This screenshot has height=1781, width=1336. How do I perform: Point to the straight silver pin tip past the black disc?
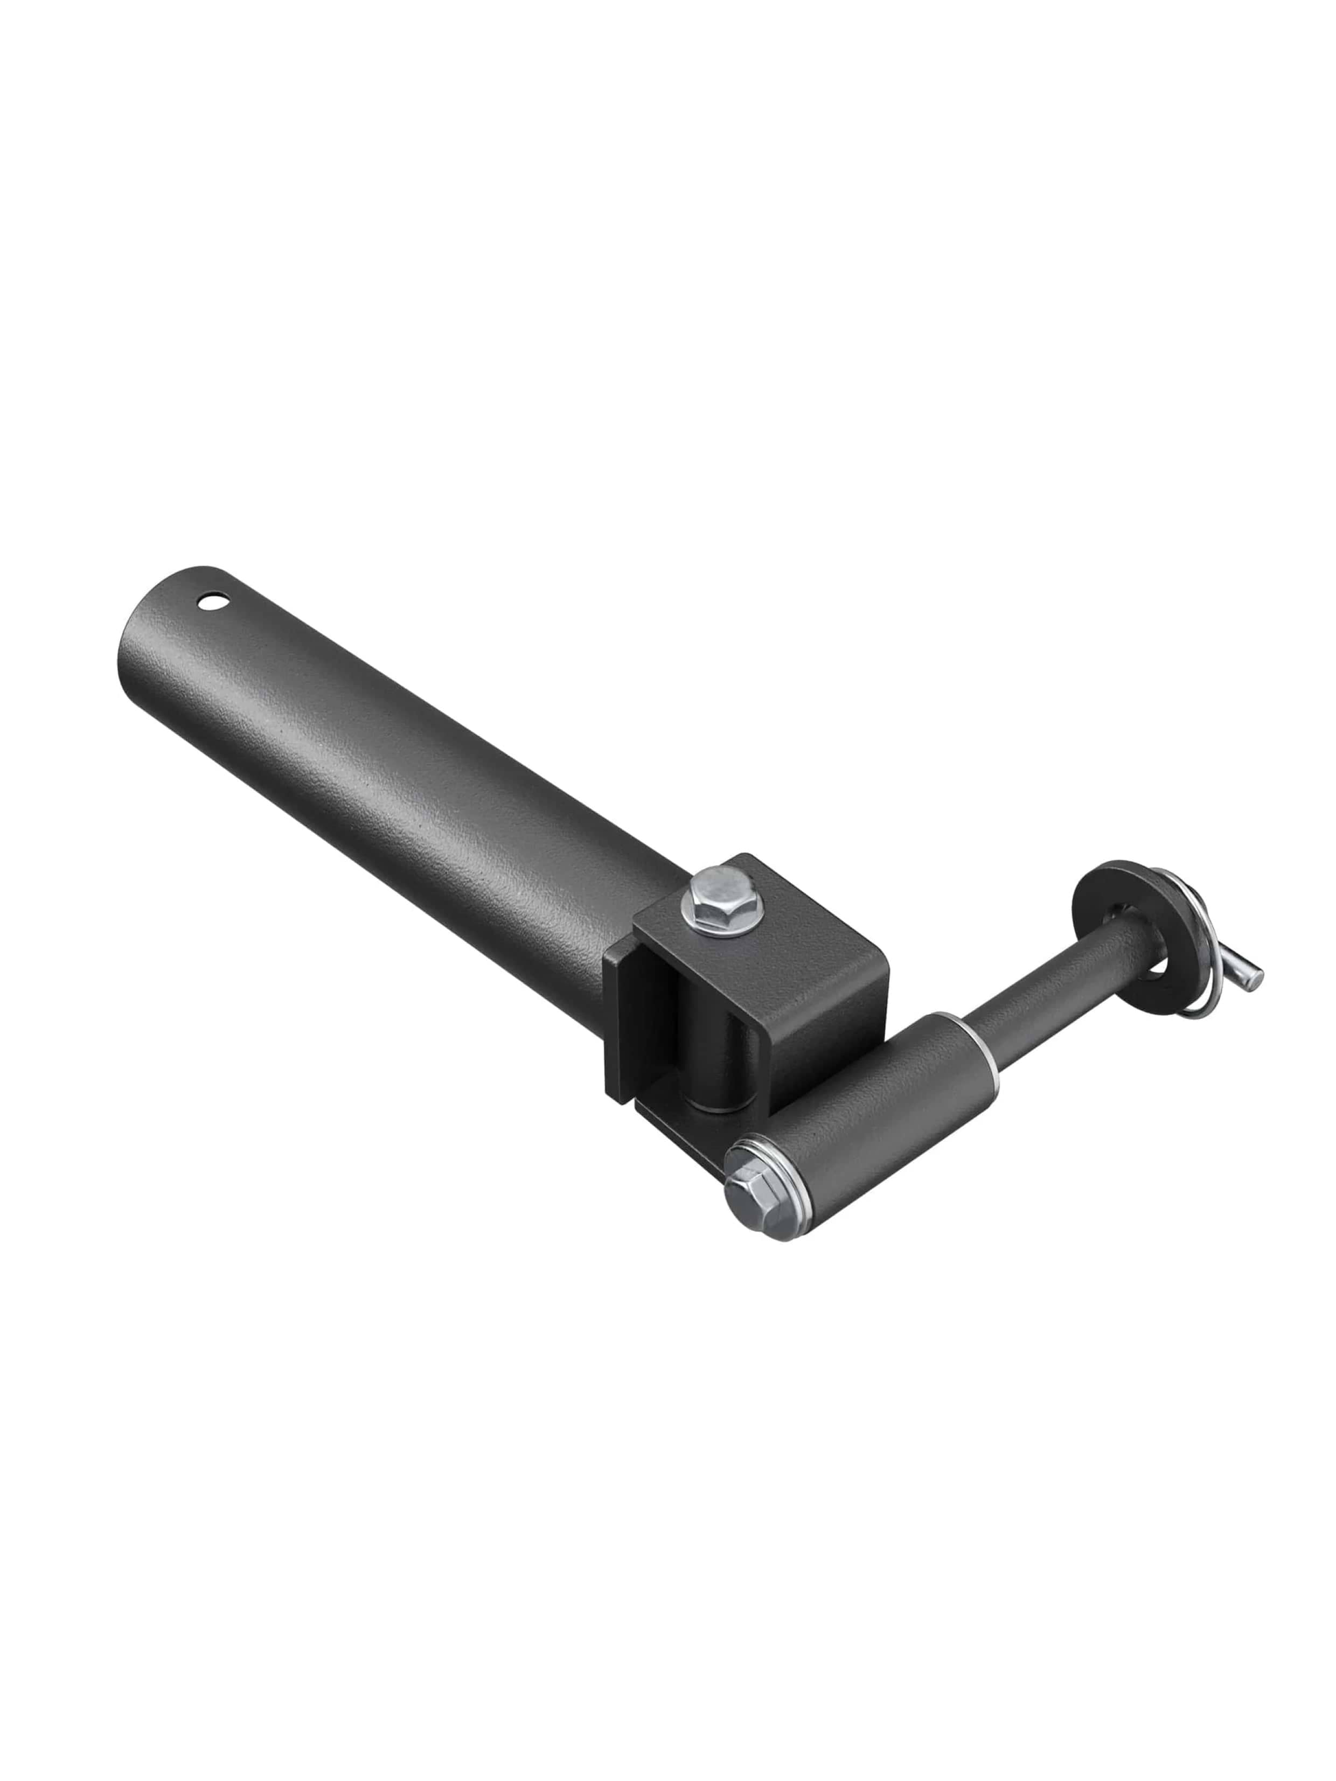pos(1248,976)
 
